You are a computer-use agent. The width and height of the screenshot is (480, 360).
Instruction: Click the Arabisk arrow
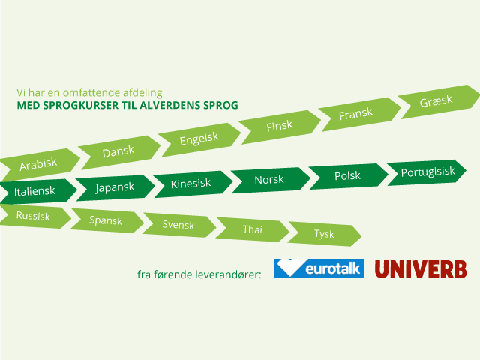(39, 165)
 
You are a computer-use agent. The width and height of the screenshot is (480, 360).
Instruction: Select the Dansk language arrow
(119, 152)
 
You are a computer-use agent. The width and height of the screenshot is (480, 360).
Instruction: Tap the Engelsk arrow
(199, 139)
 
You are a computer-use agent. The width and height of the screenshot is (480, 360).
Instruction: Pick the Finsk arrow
(280, 127)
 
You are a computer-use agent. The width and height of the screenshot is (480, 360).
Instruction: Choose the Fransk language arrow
(359, 114)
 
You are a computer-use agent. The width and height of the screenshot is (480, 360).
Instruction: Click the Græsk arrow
(439, 102)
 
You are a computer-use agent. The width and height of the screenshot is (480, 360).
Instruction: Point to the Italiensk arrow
(37, 192)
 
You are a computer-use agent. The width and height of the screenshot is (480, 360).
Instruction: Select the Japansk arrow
(115, 188)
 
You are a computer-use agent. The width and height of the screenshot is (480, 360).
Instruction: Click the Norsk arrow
(271, 180)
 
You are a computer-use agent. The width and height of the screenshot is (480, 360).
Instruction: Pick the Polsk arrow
(349, 176)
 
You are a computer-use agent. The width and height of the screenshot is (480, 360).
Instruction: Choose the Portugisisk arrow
(427, 172)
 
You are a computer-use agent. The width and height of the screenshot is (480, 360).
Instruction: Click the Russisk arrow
(35, 216)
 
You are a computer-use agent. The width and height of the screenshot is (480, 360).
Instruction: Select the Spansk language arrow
(107, 220)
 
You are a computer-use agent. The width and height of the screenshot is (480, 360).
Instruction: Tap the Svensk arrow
(179, 225)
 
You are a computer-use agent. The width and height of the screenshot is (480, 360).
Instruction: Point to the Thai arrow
(252, 229)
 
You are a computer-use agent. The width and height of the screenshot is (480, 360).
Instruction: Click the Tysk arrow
(325, 234)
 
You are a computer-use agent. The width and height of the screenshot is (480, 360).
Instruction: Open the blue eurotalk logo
(319, 268)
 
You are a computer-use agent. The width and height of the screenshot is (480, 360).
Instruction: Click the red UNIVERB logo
(421, 269)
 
